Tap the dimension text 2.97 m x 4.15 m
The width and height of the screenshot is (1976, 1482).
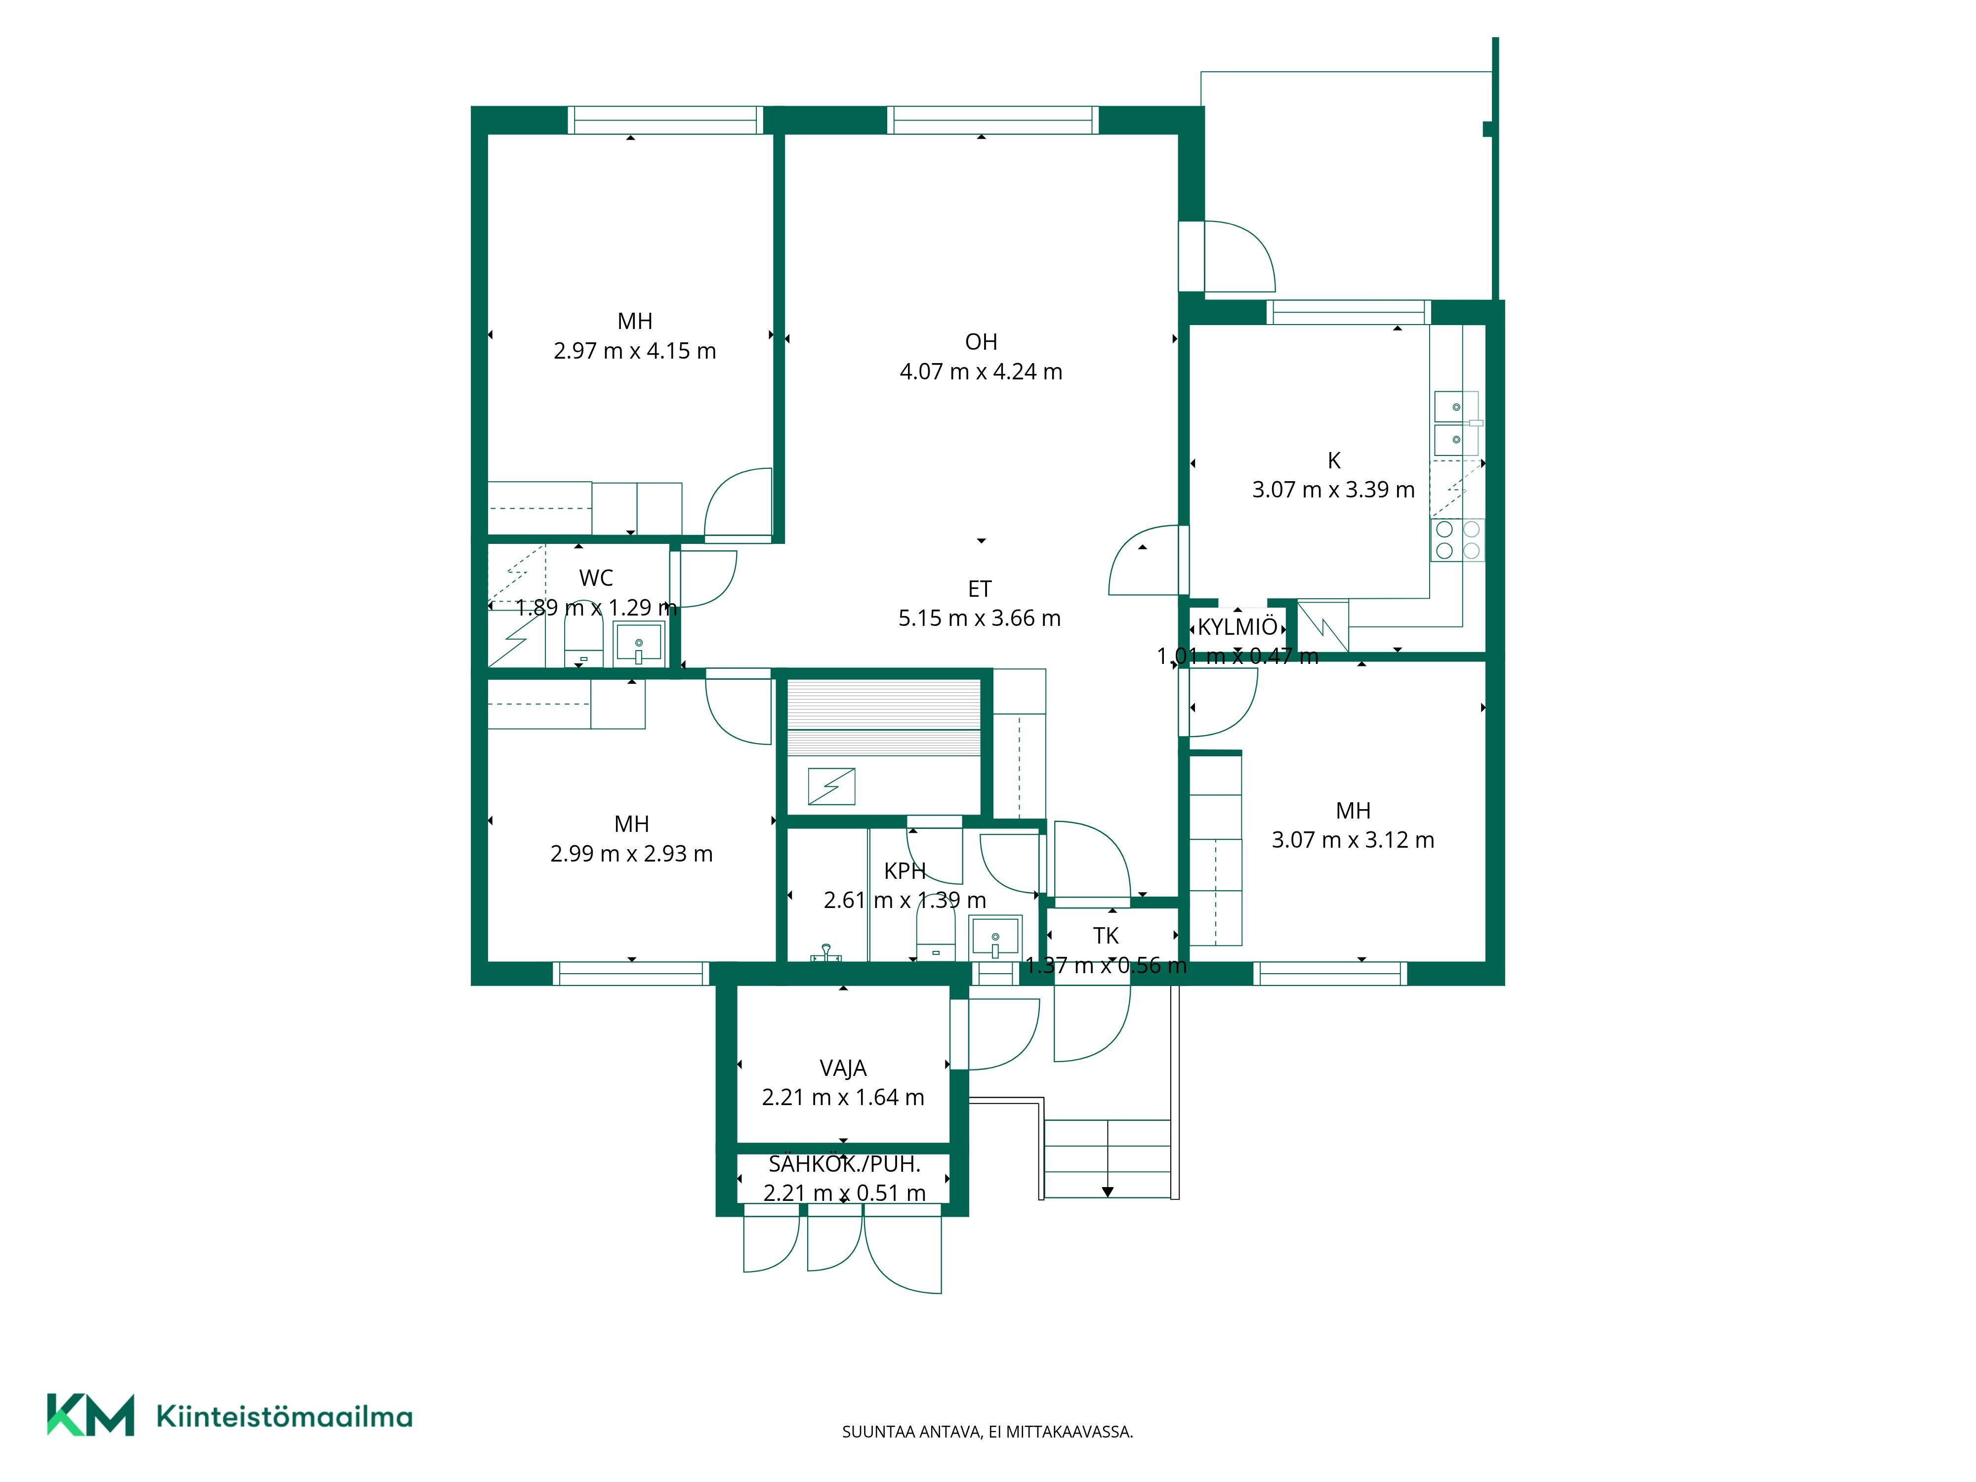click(634, 351)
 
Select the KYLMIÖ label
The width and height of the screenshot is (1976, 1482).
click(1237, 626)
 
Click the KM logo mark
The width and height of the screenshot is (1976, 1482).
click(90, 1415)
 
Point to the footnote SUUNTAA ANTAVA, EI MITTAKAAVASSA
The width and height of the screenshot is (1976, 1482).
click(987, 1432)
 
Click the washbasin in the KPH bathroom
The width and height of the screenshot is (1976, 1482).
click(995, 937)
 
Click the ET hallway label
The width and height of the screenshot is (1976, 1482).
click(980, 589)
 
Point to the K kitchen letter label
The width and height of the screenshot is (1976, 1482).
click(1334, 460)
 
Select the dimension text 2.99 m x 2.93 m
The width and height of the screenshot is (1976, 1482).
click(631, 854)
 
